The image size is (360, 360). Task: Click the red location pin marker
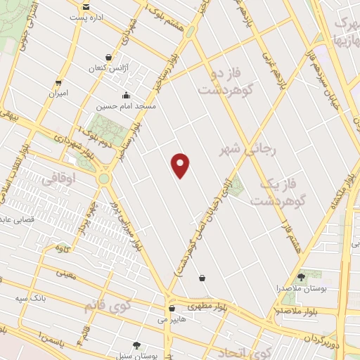pos(181,165)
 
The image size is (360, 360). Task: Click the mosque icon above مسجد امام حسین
pos(127,96)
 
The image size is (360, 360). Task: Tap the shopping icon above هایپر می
pos(172,308)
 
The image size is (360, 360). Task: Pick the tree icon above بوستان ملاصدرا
pos(302,277)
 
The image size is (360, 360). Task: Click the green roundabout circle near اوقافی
pos(104,179)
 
